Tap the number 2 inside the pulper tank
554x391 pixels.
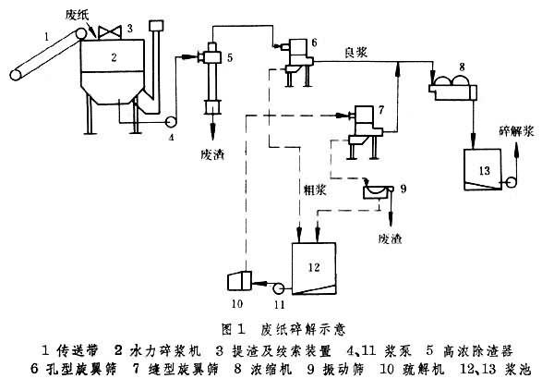tap(114, 57)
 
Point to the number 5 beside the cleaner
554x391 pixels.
tap(229, 58)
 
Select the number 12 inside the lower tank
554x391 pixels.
tap(313, 267)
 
